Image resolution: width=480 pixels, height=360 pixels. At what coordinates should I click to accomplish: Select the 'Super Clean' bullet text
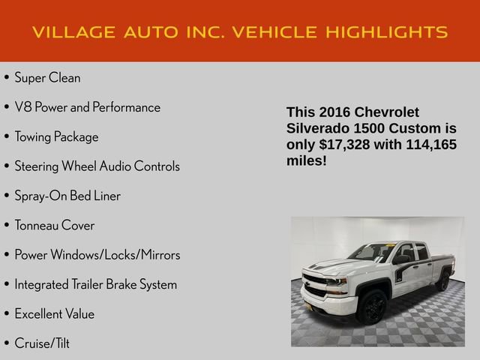click(x=47, y=77)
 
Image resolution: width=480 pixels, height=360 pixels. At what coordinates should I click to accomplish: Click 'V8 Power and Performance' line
click(x=87, y=107)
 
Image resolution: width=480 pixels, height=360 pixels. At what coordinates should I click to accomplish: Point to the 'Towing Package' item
click(x=56, y=136)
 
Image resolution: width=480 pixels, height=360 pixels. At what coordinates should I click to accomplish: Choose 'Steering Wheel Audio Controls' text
click(x=97, y=166)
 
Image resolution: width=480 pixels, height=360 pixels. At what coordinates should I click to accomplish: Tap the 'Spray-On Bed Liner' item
click(x=67, y=196)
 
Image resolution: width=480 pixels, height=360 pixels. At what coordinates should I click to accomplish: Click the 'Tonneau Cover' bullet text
click(x=54, y=225)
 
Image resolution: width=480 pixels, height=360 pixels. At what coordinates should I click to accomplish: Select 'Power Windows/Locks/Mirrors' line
click(x=97, y=255)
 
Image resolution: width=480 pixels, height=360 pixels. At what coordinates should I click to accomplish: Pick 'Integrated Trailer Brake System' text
click(x=96, y=284)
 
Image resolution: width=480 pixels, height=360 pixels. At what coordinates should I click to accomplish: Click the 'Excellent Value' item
click(x=55, y=313)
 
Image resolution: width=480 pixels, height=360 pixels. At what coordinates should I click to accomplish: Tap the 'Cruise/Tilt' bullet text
click(x=43, y=343)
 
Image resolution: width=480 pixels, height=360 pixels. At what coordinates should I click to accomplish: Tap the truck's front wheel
click(x=372, y=307)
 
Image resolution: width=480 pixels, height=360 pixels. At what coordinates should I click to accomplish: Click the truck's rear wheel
click(x=443, y=281)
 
